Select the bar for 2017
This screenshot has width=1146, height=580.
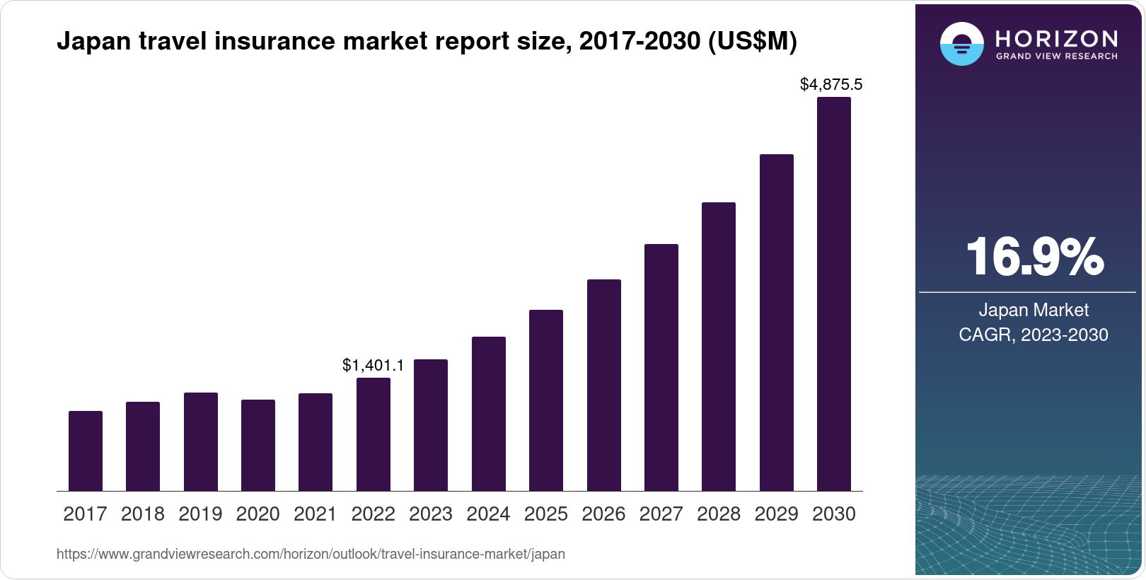(x=86, y=451)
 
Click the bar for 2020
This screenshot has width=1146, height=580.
(x=258, y=445)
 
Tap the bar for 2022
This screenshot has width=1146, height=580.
(x=374, y=434)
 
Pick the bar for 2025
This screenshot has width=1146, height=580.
(x=546, y=400)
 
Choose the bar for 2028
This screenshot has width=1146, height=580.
(x=719, y=347)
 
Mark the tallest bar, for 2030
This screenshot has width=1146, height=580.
(x=834, y=294)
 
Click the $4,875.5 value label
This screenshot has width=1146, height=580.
(x=831, y=85)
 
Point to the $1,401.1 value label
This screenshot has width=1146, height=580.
(x=374, y=365)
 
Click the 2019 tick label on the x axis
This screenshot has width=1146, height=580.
(x=200, y=514)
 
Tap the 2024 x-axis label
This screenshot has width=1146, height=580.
(x=488, y=514)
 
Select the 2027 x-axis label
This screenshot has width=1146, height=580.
(x=661, y=514)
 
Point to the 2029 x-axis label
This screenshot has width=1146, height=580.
(x=776, y=514)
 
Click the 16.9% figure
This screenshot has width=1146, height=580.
(x=1034, y=257)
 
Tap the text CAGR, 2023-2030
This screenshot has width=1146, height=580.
(x=1034, y=335)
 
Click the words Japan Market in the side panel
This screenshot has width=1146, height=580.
(x=1034, y=310)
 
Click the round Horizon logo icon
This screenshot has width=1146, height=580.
(x=961, y=44)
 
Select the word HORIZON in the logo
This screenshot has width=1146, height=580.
(x=1056, y=38)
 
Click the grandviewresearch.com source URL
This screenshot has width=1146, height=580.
(x=311, y=554)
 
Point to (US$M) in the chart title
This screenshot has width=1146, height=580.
(x=752, y=41)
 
